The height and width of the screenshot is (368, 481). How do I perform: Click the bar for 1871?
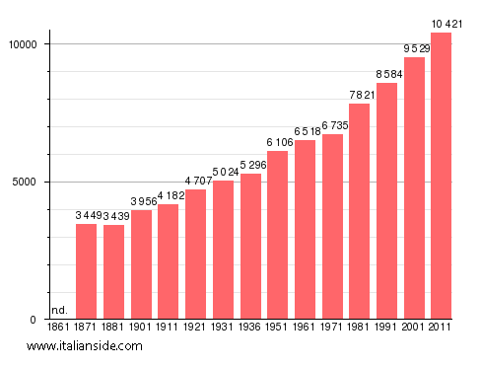click(87, 271)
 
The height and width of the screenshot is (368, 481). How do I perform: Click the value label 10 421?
click(442, 24)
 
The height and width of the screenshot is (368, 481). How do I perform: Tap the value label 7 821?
click(360, 95)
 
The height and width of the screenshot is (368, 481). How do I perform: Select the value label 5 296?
click(250, 165)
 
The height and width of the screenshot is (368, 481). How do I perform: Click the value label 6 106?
click(278, 142)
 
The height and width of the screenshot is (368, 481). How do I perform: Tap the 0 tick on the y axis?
click(33, 320)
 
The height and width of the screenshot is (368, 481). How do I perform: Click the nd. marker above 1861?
click(59, 311)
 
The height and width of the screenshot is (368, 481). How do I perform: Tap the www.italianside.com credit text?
click(85, 346)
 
